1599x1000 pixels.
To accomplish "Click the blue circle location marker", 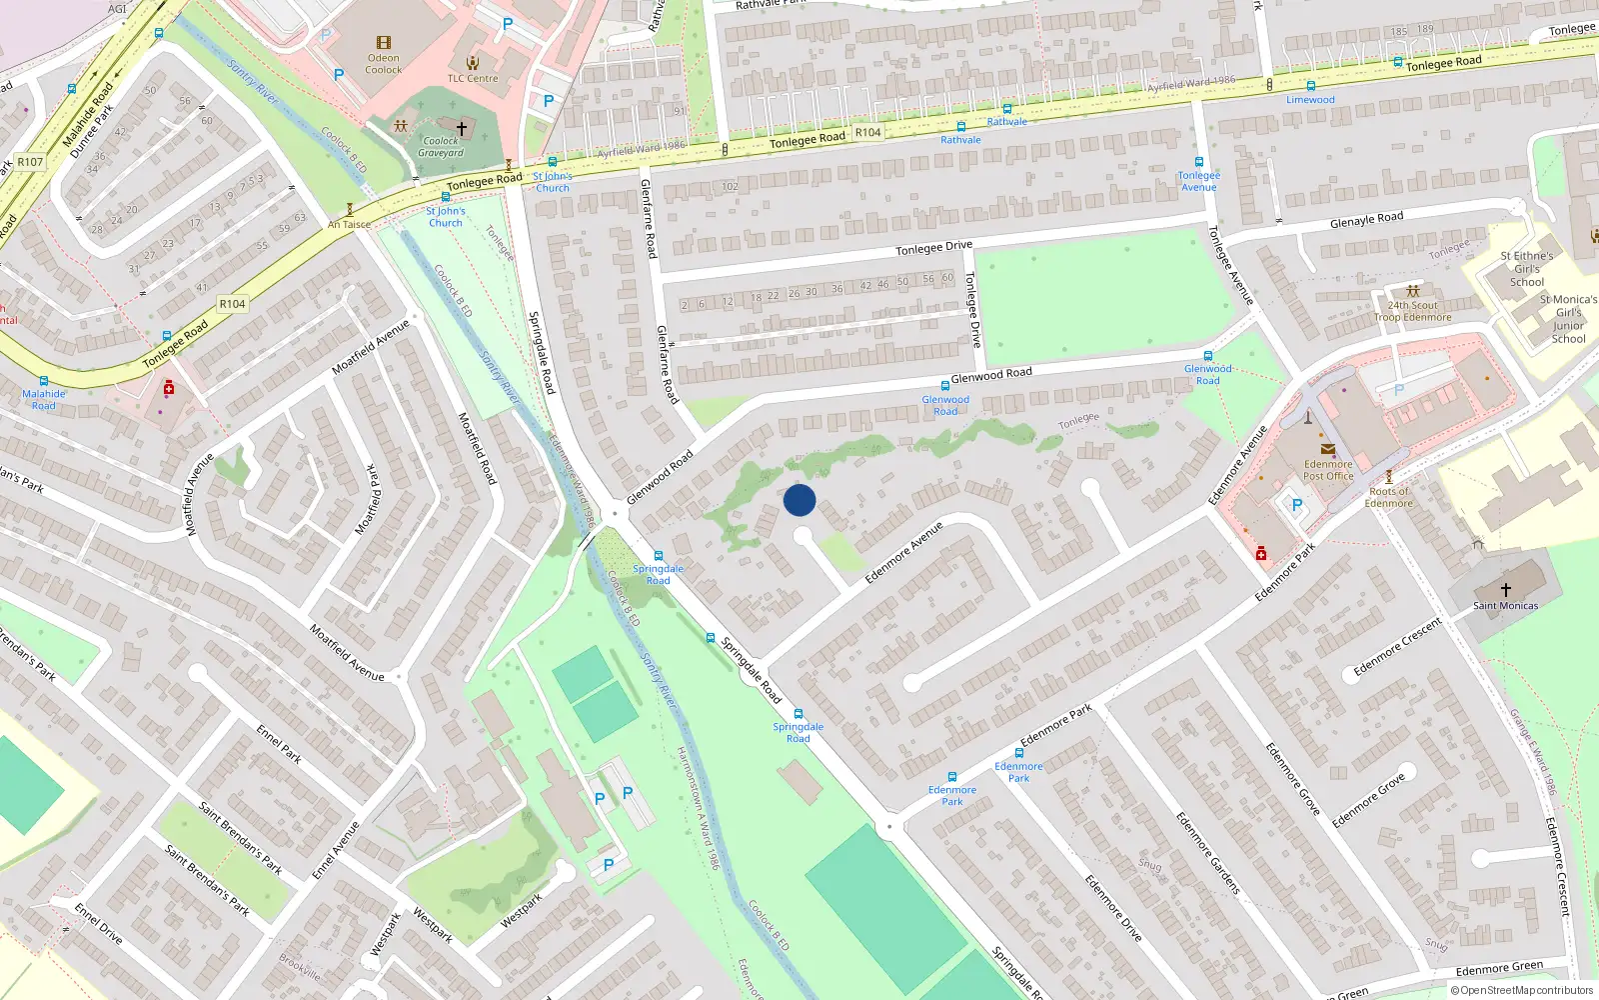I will [799, 500].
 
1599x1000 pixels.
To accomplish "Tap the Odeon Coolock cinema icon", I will [384, 43].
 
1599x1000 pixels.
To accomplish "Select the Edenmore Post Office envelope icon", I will [1327, 450].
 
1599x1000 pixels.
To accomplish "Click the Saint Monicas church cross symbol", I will [1505, 590].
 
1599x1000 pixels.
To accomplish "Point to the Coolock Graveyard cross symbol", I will [462, 129].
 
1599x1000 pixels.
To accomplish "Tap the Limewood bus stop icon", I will [1310, 86].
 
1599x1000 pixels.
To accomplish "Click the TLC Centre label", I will [473, 78].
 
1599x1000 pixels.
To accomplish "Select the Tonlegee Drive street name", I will [933, 247].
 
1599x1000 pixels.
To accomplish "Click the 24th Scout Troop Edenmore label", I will [1412, 311].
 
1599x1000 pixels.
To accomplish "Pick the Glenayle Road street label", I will [1366, 220].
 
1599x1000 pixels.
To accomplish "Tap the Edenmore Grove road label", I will [1368, 799].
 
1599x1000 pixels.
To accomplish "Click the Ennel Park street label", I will [279, 744].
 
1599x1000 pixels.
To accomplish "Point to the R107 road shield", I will [30, 162].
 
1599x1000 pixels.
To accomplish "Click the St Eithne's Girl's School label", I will [1526, 269].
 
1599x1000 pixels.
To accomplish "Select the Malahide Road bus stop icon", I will [44, 381].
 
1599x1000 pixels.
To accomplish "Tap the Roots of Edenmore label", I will [1388, 497].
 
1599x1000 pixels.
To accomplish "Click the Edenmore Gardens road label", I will [1207, 853].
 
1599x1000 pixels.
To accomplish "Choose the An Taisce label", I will [349, 225].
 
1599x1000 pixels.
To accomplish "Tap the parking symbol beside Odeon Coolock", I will [339, 74].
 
